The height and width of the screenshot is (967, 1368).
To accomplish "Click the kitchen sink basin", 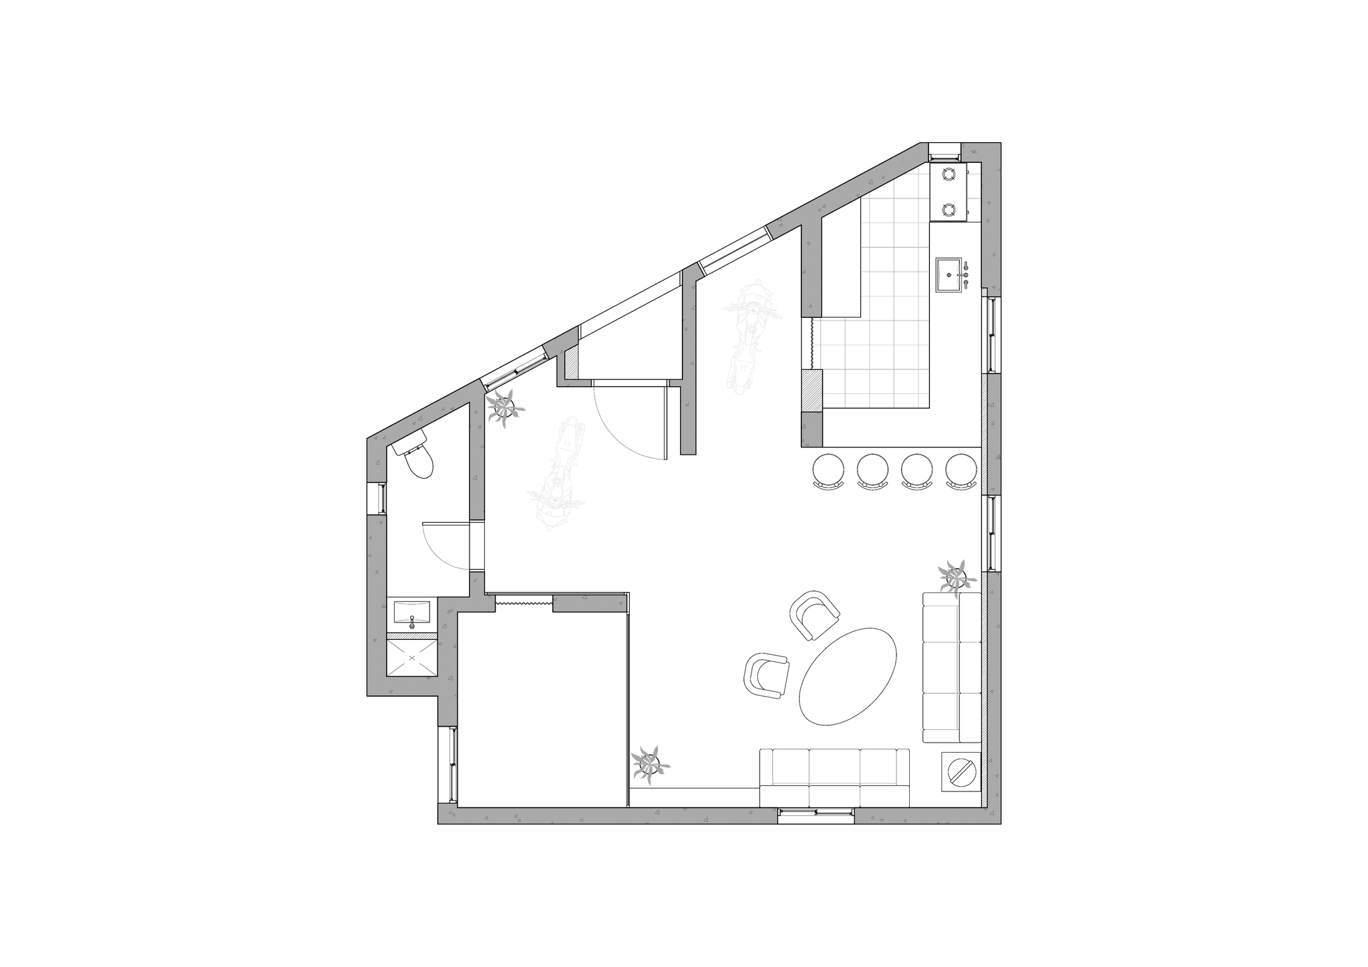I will (949, 273).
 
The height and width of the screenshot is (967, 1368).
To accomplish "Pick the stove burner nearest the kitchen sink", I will (949, 210).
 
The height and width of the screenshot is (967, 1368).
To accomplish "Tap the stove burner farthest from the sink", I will (949, 175).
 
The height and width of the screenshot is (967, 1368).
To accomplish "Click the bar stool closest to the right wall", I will (961, 469).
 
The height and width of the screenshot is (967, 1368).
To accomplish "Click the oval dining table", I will (848, 675).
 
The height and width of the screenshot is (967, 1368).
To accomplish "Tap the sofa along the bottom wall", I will (834, 777).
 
